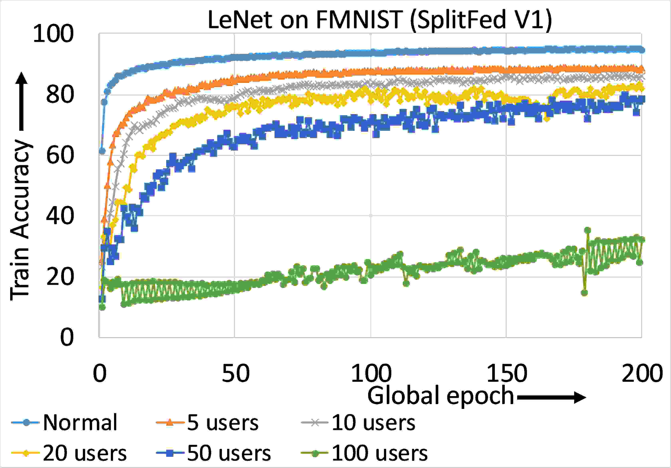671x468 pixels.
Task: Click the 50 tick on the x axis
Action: click(x=235, y=373)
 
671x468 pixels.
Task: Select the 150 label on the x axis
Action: click(x=506, y=373)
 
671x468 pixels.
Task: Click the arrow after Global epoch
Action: click(x=551, y=398)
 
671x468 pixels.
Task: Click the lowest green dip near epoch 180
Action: click(x=584, y=293)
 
